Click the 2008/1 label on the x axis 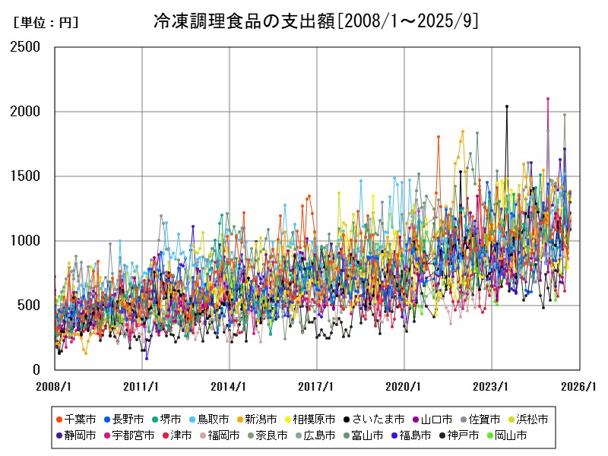[55, 386]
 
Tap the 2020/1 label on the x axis [404, 386]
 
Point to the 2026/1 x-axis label [579, 386]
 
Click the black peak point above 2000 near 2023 [507, 106]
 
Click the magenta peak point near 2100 [548, 99]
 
